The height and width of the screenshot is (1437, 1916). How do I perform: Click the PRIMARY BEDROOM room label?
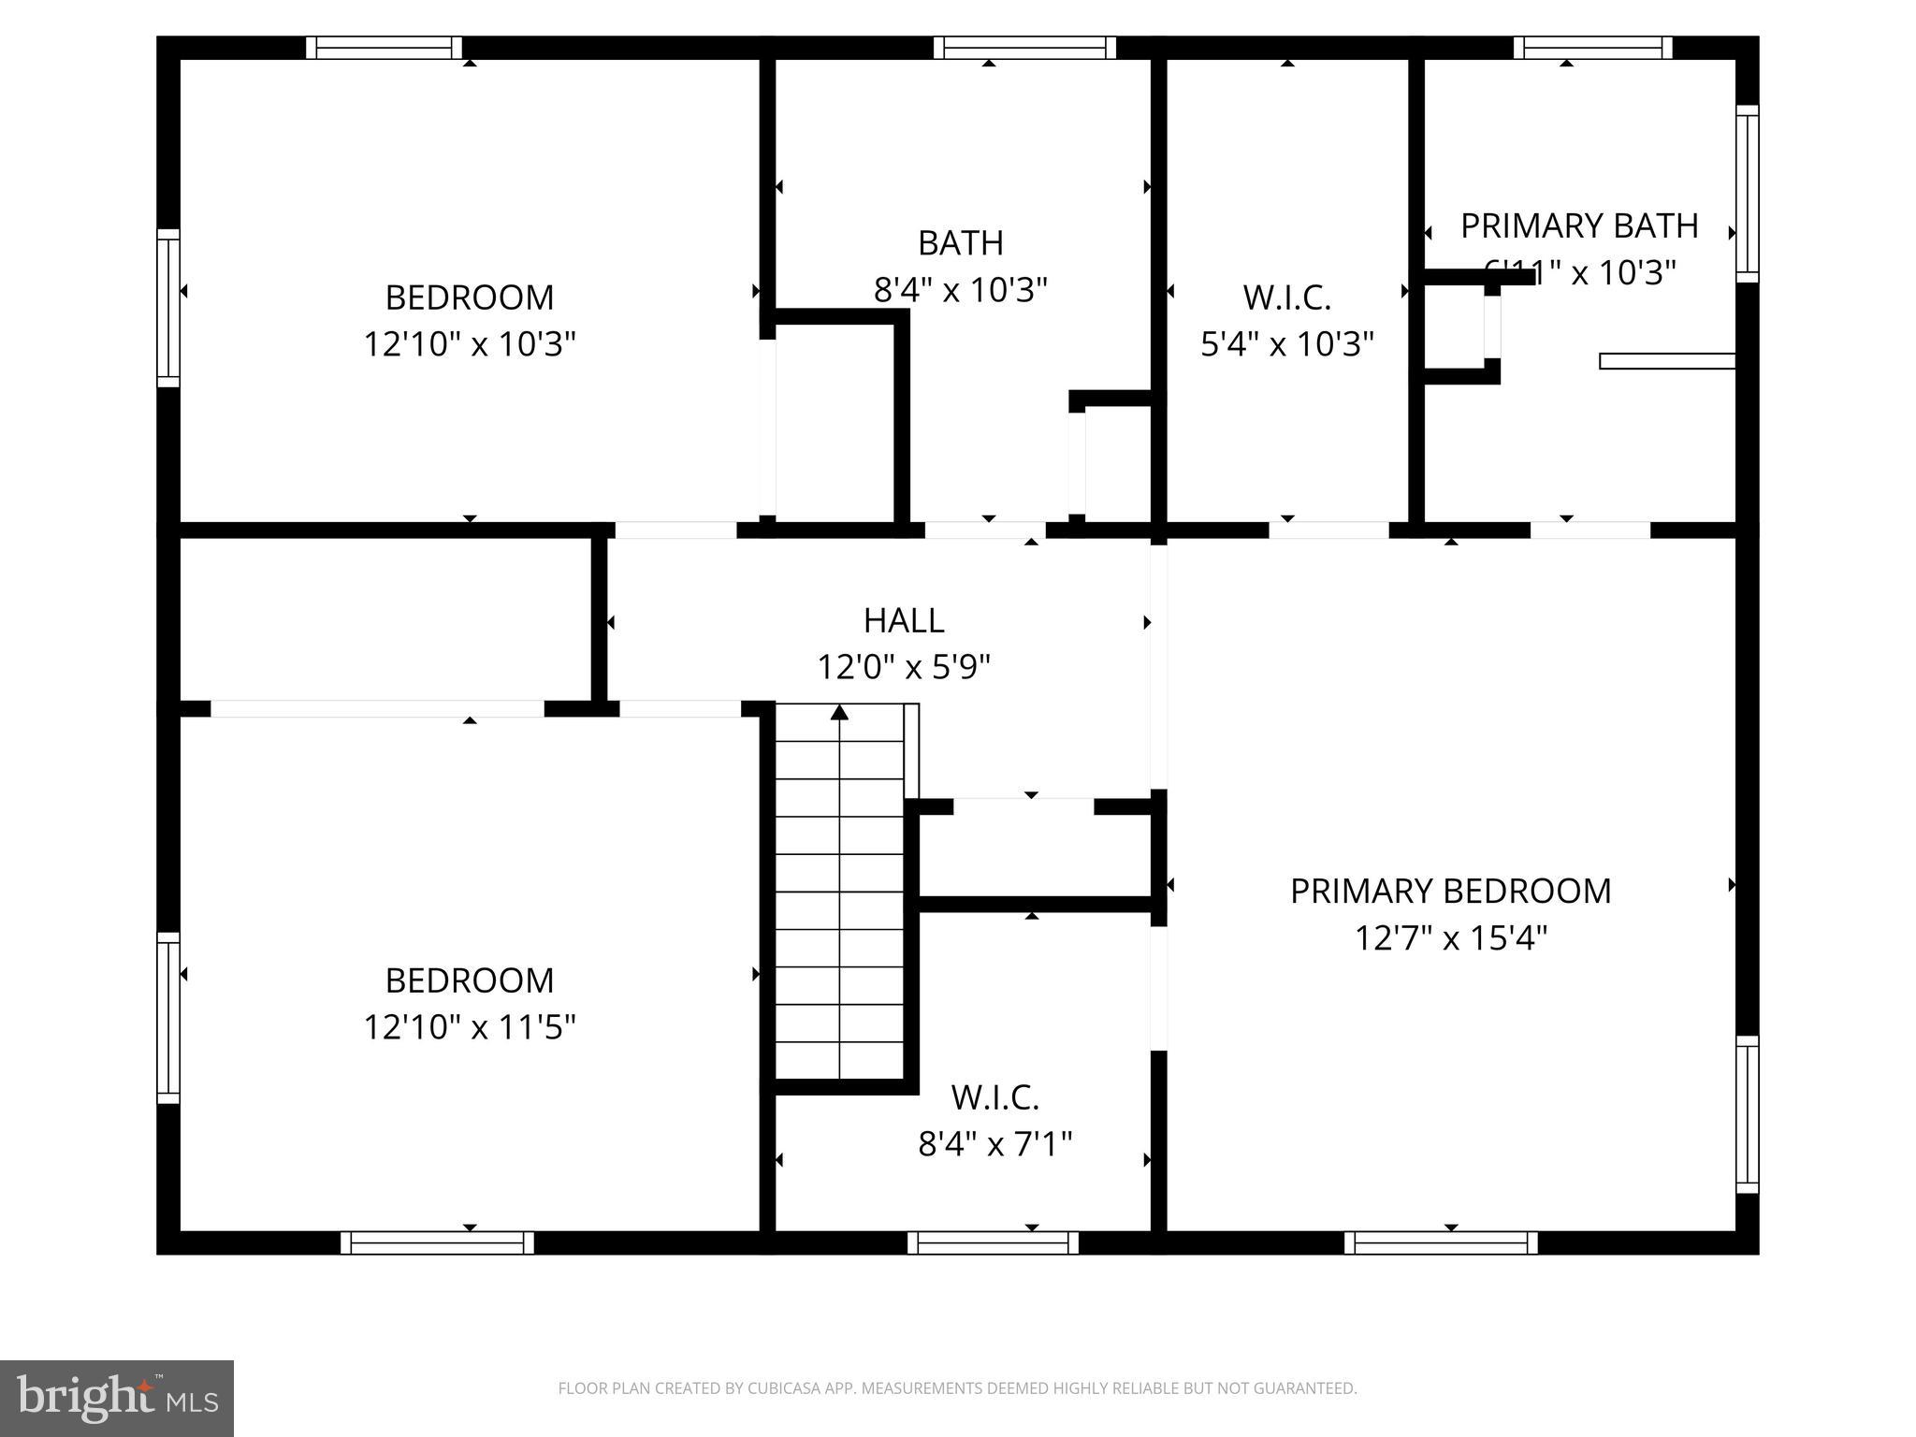[1450, 891]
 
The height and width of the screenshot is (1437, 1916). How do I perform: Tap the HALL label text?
[904, 620]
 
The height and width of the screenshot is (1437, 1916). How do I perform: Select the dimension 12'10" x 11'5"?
[470, 1027]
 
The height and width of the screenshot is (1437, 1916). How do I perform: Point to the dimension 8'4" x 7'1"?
[994, 1143]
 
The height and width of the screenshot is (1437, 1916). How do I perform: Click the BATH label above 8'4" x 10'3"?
[961, 243]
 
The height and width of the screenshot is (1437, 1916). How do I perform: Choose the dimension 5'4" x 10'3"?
[1286, 344]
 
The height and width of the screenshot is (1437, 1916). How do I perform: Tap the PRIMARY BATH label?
[1579, 226]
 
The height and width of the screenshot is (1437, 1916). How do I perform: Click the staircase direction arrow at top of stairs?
[840, 714]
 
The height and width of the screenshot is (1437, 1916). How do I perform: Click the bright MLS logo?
[117, 1399]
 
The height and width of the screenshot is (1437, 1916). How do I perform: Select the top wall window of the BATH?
[1024, 48]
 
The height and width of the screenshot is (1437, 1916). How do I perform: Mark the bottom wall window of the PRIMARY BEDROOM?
[1441, 1242]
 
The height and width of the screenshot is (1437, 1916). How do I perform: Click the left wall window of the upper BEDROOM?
[167, 308]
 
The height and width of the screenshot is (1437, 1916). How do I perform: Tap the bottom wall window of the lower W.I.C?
[993, 1242]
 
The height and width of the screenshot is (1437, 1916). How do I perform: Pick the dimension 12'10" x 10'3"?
[470, 344]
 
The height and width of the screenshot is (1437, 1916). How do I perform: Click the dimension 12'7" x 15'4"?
[1450, 937]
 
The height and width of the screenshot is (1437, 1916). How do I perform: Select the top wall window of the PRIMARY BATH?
[1592, 48]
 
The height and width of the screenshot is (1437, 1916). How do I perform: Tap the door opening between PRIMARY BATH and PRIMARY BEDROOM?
[1589, 530]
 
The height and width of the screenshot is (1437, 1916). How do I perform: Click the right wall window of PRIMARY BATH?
[1747, 194]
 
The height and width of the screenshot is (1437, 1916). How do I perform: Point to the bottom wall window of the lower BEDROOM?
[437, 1242]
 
